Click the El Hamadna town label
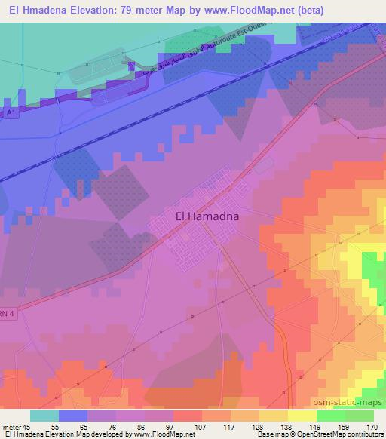coord(208,216)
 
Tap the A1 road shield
coord(11,112)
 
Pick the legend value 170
coord(370,426)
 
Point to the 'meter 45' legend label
coord(17,426)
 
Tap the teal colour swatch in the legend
coord(44,416)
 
